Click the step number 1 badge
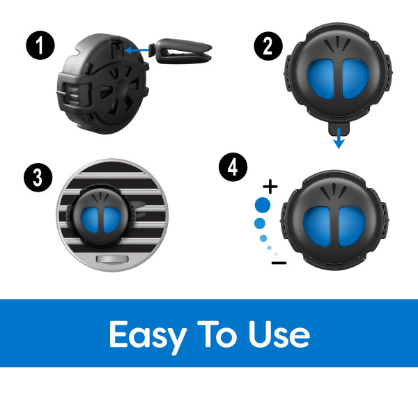click(40, 45)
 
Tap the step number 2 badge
click(268, 46)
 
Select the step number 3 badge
click(38, 177)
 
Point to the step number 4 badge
click(233, 167)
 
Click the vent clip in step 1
click(180, 51)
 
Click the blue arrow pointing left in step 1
click(137, 50)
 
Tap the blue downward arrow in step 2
click(339, 138)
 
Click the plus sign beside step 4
click(270, 186)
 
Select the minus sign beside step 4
click(279, 263)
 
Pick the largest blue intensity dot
click(263, 205)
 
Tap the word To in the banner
click(217, 334)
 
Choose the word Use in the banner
click(279, 334)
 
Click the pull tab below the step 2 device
click(339, 128)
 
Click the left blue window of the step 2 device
click(320, 79)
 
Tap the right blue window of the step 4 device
click(352, 226)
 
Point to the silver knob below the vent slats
click(112, 259)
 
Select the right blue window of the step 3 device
click(112, 220)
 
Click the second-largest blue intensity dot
click(260, 223)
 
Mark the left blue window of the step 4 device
click(317, 226)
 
